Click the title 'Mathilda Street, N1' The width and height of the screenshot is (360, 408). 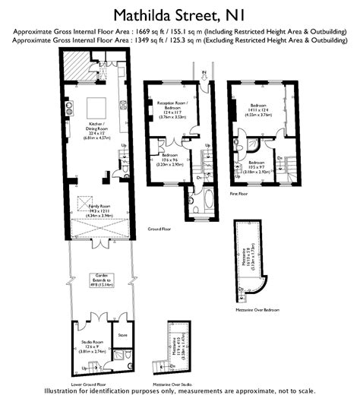point(179,14)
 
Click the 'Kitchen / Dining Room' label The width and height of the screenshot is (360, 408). point(96,130)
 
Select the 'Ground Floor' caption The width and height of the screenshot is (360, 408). point(158,228)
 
